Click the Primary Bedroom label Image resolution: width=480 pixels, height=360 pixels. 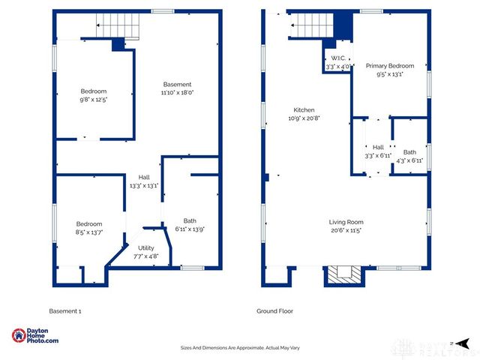389,66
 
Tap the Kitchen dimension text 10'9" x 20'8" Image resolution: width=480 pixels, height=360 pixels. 304,118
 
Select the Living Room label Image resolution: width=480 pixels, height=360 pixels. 346,221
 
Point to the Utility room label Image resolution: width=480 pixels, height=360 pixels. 146,247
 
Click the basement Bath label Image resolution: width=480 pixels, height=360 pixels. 190,220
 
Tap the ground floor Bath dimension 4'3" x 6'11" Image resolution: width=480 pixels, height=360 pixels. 409,160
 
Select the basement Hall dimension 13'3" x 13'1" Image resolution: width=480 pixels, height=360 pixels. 142,185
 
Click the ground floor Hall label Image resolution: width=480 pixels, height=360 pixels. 378,147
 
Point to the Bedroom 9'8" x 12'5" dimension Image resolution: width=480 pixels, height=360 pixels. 94,100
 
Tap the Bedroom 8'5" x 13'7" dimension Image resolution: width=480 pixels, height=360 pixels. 88,232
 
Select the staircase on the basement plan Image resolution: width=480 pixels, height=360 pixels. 118,28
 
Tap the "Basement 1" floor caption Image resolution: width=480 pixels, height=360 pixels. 64,310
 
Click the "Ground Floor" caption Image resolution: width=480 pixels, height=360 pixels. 274,310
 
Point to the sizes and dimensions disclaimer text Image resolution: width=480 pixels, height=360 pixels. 239,347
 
